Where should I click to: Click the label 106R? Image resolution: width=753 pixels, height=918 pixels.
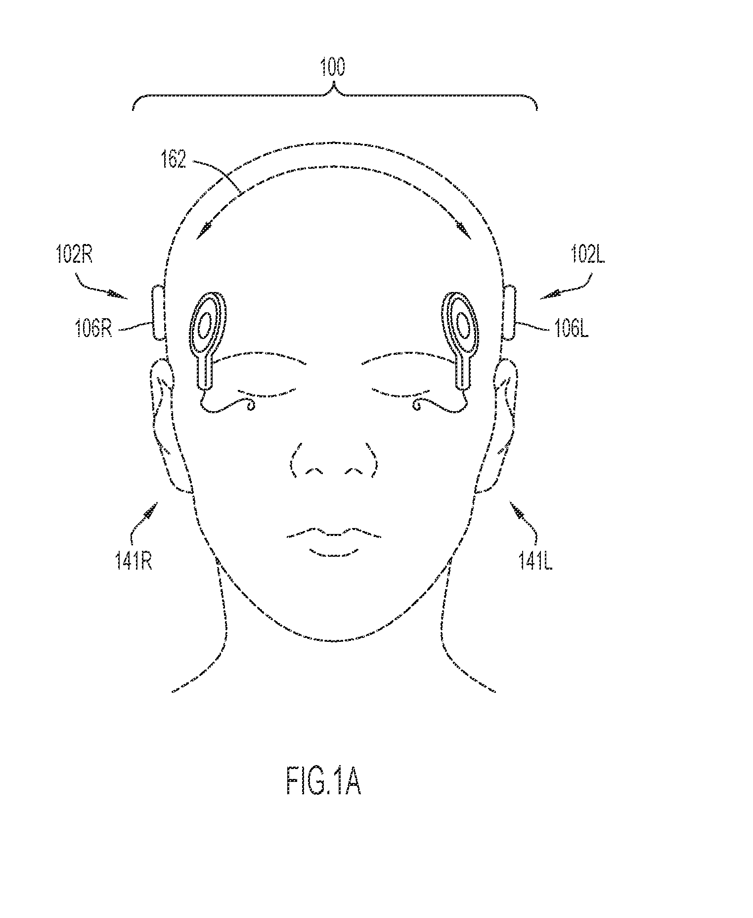click(94, 329)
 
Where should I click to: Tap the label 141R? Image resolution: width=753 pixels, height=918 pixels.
click(133, 562)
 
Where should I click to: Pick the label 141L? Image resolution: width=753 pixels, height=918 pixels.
click(535, 562)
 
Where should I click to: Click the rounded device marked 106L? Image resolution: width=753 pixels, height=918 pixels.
click(509, 312)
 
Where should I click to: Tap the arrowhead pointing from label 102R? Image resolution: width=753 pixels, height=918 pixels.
click(119, 295)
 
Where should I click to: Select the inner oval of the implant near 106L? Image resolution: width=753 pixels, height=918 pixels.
click(463, 325)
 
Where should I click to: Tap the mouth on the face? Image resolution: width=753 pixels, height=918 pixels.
click(334, 542)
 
